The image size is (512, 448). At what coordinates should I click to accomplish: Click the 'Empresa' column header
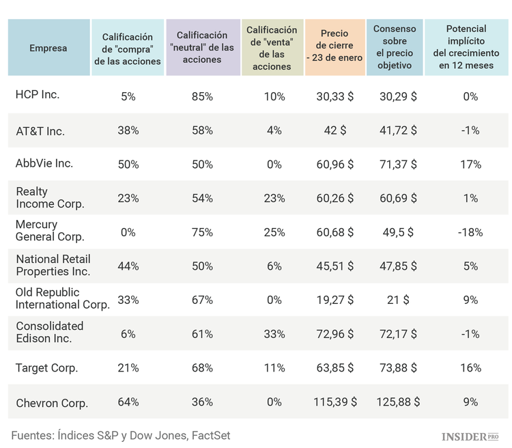[x=48, y=48]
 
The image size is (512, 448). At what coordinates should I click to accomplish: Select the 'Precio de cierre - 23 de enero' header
[x=335, y=46]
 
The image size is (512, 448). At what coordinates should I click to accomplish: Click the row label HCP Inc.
[x=38, y=94]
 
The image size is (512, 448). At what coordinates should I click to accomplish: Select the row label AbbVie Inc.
[x=44, y=163]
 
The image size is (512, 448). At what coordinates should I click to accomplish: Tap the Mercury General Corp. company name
[x=50, y=231]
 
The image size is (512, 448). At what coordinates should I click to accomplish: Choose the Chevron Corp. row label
[x=52, y=403]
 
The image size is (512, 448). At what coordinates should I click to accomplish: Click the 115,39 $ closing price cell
[x=335, y=402]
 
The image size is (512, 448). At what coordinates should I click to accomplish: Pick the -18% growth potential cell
[x=470, y=232]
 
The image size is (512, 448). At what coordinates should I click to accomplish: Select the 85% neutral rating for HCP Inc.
[x=202, y=97]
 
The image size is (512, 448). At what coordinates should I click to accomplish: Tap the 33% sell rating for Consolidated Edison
[x=274, y=334]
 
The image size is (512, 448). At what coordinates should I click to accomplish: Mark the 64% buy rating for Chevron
[x=128, y=402]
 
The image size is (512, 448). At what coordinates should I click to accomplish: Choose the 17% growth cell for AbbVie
[x=470, y=165]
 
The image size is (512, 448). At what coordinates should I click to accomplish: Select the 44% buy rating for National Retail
[x=128, y=266]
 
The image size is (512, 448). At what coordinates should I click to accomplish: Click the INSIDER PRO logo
[x=470, y=436]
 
